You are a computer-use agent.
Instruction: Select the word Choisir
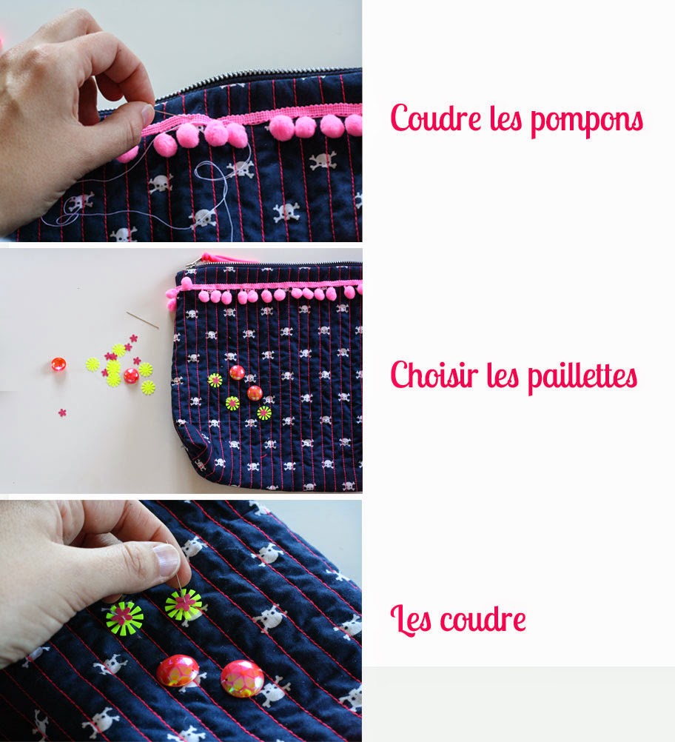click(x=433, y=374)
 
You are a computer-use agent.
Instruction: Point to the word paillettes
click(x=582, y=378)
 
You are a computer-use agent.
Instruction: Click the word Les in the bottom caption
click(x=411, y=618)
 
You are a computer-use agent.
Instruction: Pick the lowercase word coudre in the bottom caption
click(x=483, y=618)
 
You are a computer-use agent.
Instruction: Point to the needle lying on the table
click(x=142, y=320)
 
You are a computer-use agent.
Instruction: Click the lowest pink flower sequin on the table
click(x=62, y=412)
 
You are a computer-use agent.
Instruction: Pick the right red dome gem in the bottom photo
click(x=242, y=678)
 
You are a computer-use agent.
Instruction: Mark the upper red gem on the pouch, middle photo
click(x=237, y=372)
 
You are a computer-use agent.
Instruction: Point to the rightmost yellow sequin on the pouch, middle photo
click(x=264, y=413)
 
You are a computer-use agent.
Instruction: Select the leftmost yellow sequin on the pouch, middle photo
click(x=215, y=380)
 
